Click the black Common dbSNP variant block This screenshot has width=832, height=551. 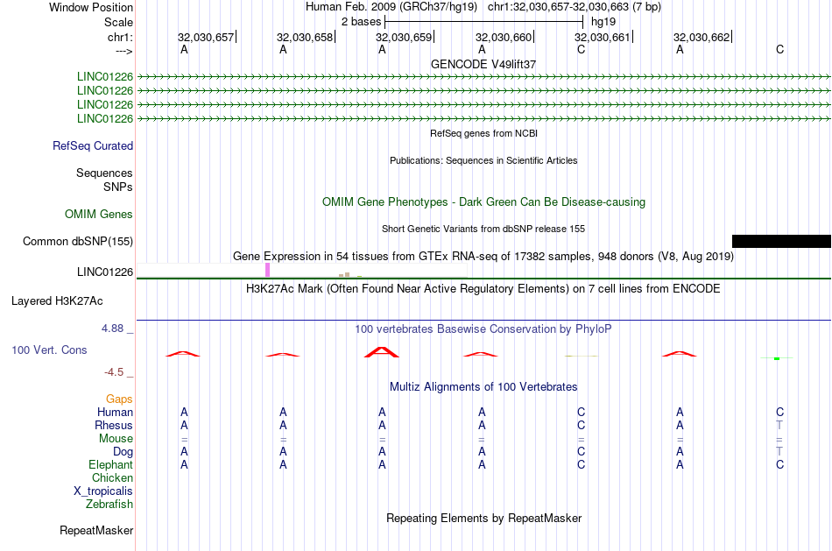click(x=781, y=241)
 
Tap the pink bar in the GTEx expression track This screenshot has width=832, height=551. click(x=267, y=270)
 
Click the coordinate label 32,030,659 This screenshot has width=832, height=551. click(x=404, y=37)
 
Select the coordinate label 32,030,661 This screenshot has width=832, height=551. click(x=603, y=37)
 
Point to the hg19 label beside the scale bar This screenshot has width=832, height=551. click(x=603, y=22)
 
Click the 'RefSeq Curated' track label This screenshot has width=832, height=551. click(x=93, y=146)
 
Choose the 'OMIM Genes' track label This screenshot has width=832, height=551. click(x=99, y=214)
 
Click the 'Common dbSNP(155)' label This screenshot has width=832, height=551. click(x=78, y=242)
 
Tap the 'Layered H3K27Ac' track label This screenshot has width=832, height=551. click(x=57, y=301)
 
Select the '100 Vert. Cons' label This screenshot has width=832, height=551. click(x=49, y=350)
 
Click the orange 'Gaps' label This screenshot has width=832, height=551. click(x=119, y=399)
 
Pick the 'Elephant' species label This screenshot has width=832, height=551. click(x=111, y=465)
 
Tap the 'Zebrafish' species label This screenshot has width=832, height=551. click(x=109, y=505)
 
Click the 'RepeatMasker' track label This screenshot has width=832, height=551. click(x=96, y=530)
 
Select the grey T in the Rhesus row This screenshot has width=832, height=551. click(x=779, y=425)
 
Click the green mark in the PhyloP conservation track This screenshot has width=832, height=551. click(x=777, y=359)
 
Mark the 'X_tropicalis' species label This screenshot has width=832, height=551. click(x=103, y=491)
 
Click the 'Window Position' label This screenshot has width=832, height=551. click(x=91, y=7)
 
